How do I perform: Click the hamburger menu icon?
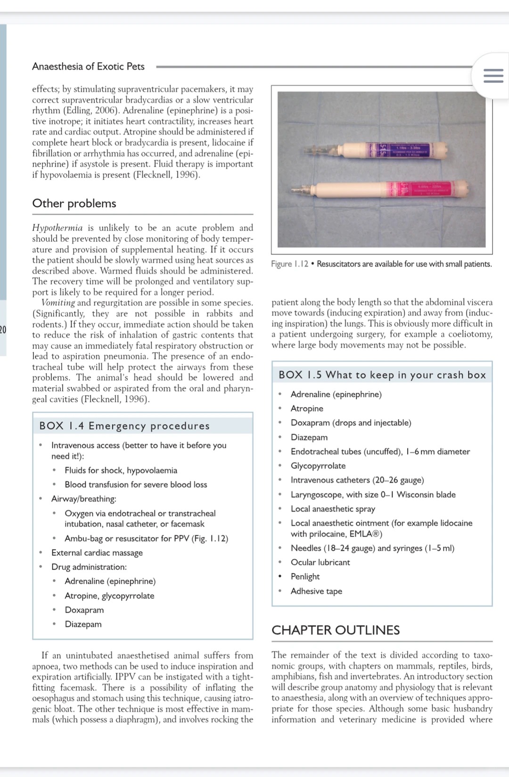click(493, 76)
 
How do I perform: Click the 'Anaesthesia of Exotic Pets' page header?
click(88, 66)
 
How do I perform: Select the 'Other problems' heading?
click(74, 203)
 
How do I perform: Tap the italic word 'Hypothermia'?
click(57, 228)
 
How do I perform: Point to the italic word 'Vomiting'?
click(58, 303)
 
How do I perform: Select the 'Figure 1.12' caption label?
click(289, 264)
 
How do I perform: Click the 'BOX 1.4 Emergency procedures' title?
click(124, 425)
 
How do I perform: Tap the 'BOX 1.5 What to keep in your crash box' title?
click(382, 375)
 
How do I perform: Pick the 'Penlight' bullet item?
click(305, 576)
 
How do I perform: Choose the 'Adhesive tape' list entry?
click(316, 591)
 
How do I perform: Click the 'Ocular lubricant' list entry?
click(320, 562)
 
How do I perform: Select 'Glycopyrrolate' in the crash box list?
click(318, 466)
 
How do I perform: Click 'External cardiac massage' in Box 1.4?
click(97, 553)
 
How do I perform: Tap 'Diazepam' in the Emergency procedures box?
click(83, 624)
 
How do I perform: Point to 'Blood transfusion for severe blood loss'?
click(136, 484)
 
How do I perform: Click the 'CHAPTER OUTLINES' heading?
click(336, 630)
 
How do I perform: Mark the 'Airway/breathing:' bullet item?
click(83, 499)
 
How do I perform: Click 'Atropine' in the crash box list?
click(307, 409)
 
